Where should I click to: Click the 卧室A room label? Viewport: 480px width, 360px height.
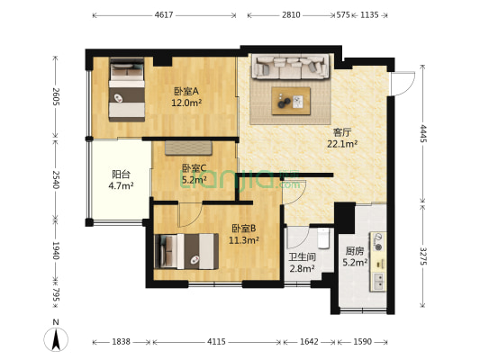pyautogui.click(x=186, y=90)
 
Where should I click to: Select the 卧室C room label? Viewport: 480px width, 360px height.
pyautogui.click(x=194, y=167)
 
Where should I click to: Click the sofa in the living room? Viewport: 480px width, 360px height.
pyautogui.click(x=290, y=67)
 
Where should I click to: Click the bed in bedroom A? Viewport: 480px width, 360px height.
pyautogui.click(x=126, y=90)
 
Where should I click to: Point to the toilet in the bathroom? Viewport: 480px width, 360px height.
pyautogui.click(x=322, y=238)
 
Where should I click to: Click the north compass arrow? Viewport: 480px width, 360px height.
pyautogui.click(x=56, y=339)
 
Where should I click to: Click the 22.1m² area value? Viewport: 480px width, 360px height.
pyautogui.click(x=342, y=143)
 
